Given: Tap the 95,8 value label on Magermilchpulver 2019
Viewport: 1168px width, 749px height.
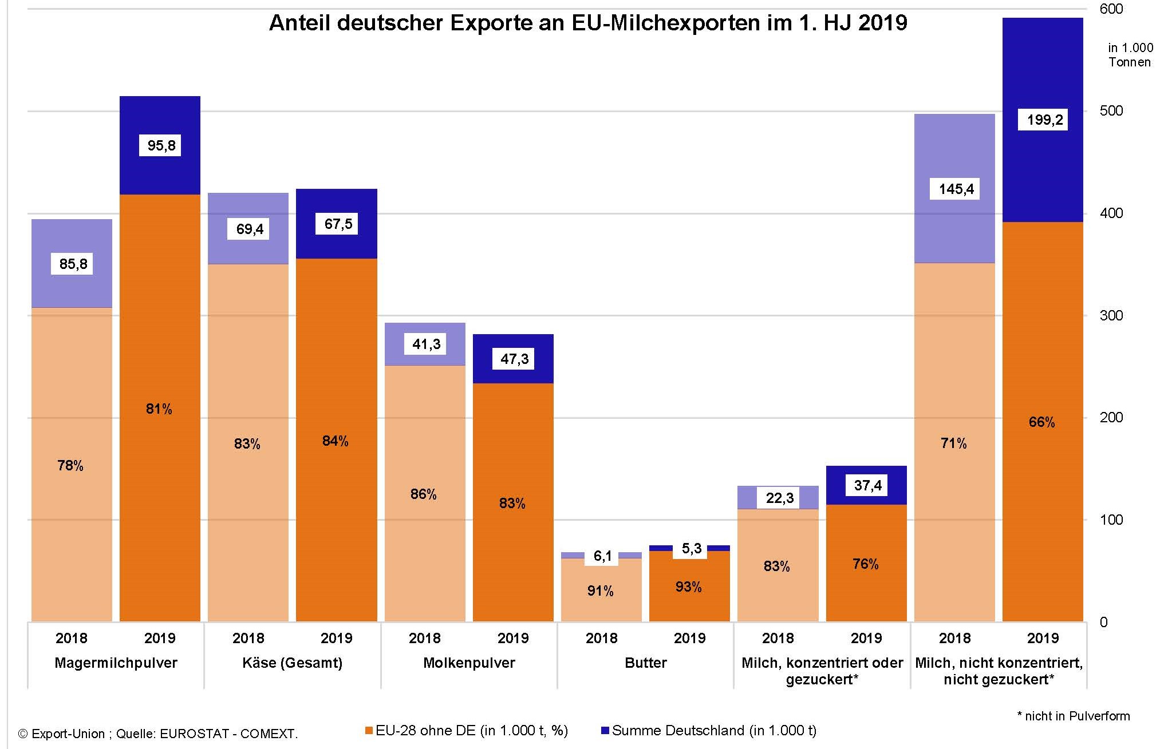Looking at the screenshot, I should pyautogui.click(x=161, y=145).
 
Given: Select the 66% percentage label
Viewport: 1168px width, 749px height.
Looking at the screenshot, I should pyautogui.click(x=1041, y=422).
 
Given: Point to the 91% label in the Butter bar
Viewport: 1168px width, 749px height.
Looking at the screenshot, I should pyautogui.click(x=600, y=591).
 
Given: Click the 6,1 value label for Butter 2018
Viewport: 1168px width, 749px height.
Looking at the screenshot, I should pyautogui.click(x=602, y=556).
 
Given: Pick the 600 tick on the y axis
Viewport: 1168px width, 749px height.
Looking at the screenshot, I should pyautogui.click(x=1111, y=9).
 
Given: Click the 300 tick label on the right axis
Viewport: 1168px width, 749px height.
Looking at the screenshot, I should pyautogui.click(x=1111, y=315).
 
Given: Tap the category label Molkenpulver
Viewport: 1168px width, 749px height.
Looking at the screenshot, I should pyautogui.click(x=469, y=663).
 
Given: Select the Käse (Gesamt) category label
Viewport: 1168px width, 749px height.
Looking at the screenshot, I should pyautogui.click(x=292, y=663).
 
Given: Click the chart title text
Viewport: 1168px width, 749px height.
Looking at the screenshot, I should pyautogui.click(x=588, y=23).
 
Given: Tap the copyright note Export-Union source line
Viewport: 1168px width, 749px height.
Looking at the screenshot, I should pyautogui.click(x=158, y=734).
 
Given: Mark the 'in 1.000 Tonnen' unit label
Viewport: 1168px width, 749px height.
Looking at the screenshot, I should pyautogui.click(x=1130, y=55).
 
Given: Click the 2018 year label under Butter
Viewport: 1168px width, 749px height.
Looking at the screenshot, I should pyautogui.click(x=601, y=638).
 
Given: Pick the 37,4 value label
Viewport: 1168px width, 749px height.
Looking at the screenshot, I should pyautogui.click(x=867, y=485).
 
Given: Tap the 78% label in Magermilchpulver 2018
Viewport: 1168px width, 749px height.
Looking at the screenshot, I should pyautogui.click(x=70, y=466).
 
